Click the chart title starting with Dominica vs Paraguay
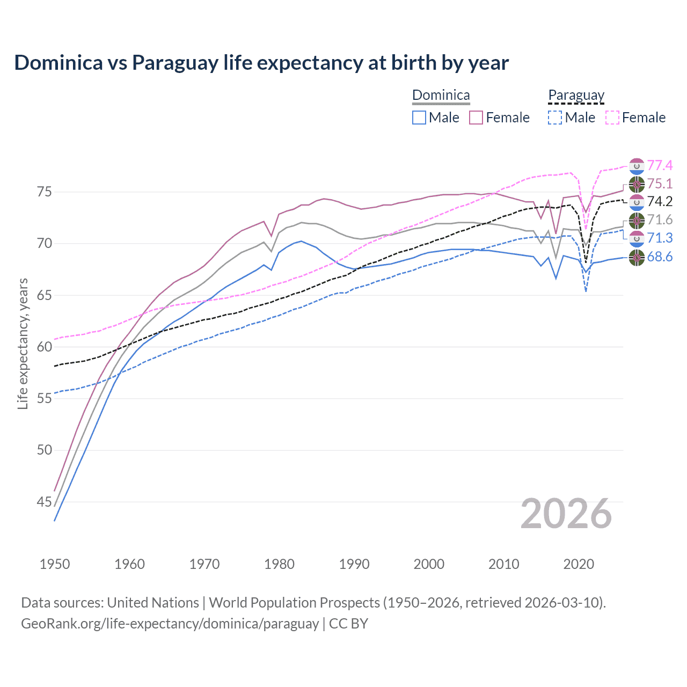(x=261, y=63)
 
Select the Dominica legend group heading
(x=441, y=96)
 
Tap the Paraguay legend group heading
(x=576, y=96)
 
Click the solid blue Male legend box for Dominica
(x=419, y=118)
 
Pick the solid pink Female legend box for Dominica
(x=476, y=118)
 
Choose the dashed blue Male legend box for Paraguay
(x=555, y=118)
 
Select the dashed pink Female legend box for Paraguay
(x=612, y=118)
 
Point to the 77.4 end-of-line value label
(x=660, y=165)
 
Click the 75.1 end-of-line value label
(x=660, y=184)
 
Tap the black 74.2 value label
(x=660, y=201)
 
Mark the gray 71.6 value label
(x=660, y=220)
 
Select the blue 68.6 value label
(x=660, y=257)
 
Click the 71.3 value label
(x=660, y=238)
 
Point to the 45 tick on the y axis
(x=45, y=502)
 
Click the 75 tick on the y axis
(x=45, y=192)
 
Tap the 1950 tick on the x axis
(x=55, y=564)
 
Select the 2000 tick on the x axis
(x=429, y=564)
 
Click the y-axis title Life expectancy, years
(x=23, y=343)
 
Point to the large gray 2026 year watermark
(x=566, y=514)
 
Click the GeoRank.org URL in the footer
(x=170, y=624)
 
